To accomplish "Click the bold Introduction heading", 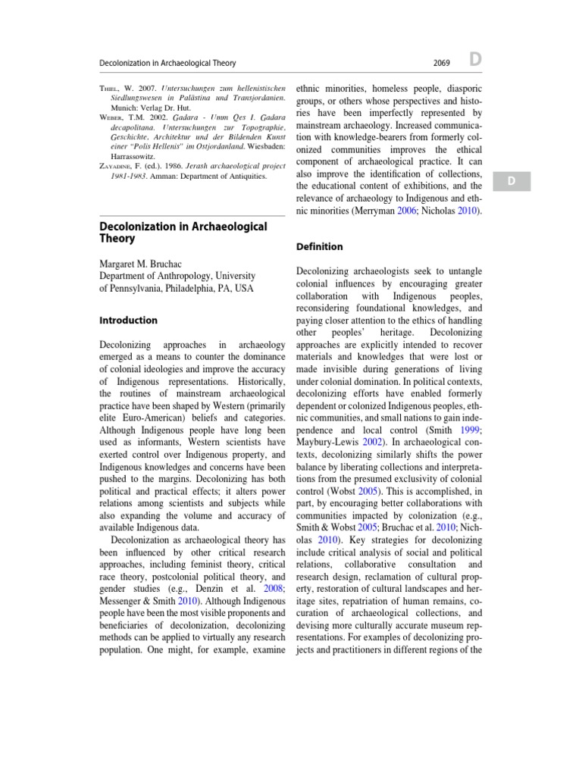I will point(129,321).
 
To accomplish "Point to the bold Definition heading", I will point(319,247).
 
